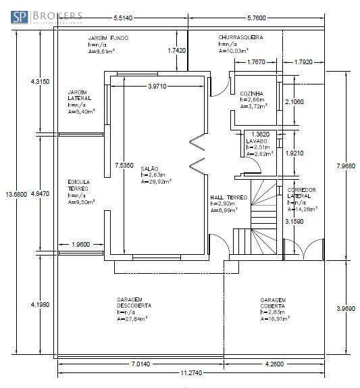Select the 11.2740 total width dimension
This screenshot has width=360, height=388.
188,373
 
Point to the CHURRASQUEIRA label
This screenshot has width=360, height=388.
240,38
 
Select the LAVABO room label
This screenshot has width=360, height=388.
257,141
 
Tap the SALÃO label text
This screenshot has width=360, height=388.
150,168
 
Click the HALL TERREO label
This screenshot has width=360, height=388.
229,197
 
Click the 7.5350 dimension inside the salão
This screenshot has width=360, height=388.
123,165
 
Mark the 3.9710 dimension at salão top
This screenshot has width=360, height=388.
157,86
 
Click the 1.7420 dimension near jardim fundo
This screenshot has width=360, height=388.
176,51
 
